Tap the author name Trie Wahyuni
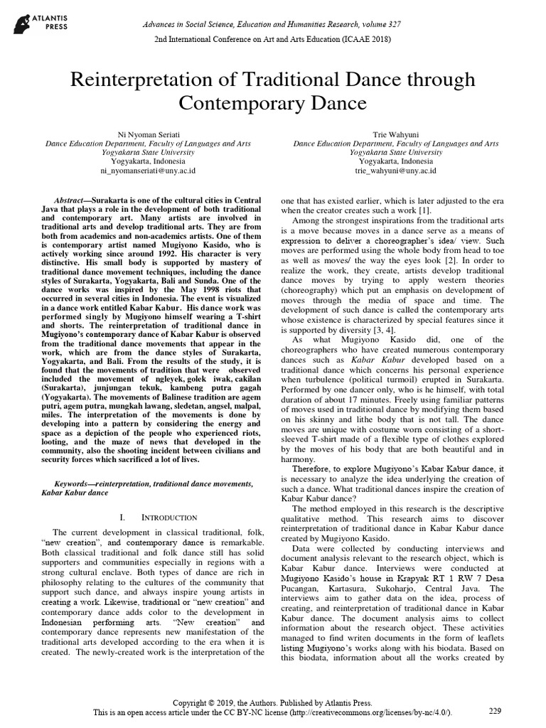pyautogui.click(x=395, y=134)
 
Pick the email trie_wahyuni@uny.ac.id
pyautogui.click(x=395, y=171)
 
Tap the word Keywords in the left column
pyautogui.click(x=63, y=483)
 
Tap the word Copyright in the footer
pyautogui.click(x=204, y=700)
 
